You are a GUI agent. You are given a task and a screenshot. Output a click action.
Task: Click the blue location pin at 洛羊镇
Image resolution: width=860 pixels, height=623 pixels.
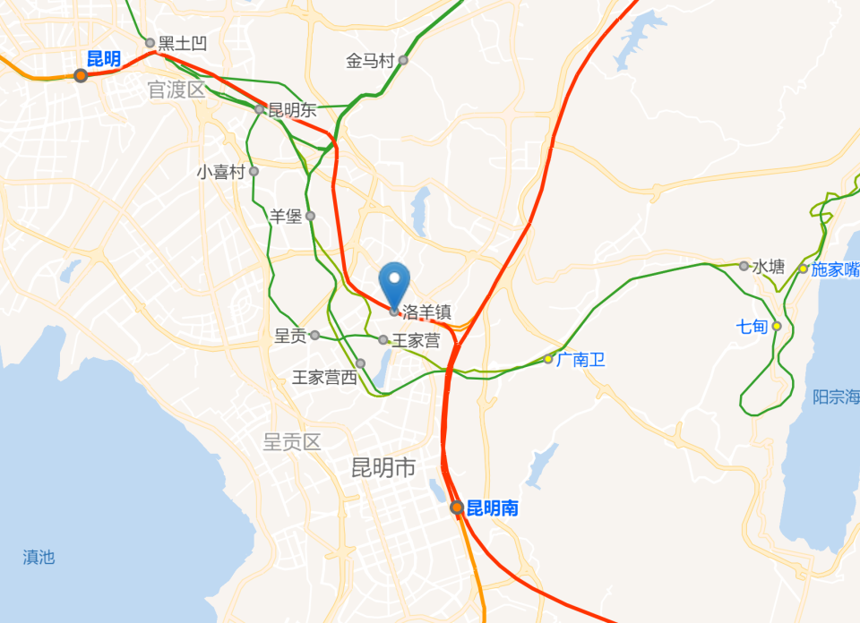point(394,284)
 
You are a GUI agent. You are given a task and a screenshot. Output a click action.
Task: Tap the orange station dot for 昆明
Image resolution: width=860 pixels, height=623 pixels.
point(81,75)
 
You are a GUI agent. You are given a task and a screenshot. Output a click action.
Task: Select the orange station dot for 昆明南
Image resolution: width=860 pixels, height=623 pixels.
point(457,508)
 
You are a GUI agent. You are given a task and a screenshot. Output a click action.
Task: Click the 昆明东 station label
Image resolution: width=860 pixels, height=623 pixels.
point(293,110)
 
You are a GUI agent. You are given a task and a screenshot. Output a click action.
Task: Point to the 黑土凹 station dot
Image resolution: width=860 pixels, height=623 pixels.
point(150,42)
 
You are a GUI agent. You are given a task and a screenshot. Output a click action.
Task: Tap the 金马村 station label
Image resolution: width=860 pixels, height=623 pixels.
point(370,61)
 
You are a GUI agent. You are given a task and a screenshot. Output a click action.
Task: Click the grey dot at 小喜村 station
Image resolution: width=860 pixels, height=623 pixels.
point(254,171)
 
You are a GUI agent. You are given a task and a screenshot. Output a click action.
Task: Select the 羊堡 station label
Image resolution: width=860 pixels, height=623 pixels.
point(286,216)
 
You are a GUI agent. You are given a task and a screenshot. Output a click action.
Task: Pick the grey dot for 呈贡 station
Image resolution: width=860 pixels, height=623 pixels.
point(314,336)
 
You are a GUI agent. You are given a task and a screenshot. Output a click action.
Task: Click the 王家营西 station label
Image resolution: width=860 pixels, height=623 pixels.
point(324,378)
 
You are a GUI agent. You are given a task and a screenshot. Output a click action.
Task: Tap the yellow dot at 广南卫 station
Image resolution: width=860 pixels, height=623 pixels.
point(548,359)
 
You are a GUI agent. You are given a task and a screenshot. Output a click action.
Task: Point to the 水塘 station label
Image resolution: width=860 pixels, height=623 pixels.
point(769,267)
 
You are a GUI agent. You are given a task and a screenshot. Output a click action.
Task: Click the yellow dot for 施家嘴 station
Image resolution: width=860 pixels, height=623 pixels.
point(804,269)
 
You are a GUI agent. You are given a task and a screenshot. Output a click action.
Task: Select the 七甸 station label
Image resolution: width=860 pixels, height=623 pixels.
point(752,326)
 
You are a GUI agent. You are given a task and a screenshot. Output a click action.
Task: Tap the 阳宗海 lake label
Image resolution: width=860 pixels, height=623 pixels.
point(835,397)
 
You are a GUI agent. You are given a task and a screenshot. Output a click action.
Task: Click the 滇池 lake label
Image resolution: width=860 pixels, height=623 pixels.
point(39,558)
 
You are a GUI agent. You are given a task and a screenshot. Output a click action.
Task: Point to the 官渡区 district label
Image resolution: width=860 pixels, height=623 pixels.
point(176,90)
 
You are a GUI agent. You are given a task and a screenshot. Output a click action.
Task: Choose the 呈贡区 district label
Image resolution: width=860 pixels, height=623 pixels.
point(292,441)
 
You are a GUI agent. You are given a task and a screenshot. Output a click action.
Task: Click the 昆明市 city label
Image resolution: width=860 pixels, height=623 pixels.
point(383,466)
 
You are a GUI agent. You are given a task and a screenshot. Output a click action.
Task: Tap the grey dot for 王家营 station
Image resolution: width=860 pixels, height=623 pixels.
point(383,340)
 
